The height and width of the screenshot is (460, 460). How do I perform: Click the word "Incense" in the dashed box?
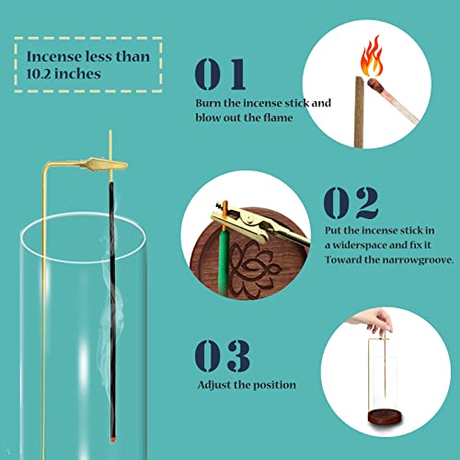(61, 56)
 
